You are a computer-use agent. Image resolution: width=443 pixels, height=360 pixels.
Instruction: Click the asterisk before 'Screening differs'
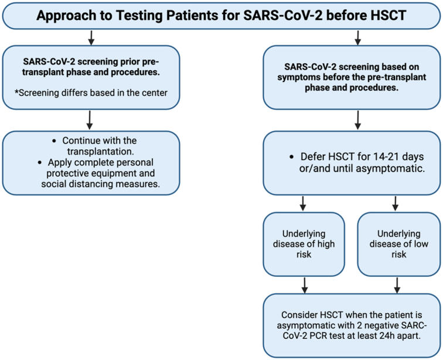16,92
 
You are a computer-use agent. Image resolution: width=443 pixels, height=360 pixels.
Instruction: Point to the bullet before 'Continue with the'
54,141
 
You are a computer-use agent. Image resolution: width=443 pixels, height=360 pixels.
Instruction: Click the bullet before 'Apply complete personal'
40,163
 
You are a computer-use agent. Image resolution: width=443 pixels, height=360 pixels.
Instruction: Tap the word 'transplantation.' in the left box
100,152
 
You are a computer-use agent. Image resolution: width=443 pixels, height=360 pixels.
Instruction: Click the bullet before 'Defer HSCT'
292,156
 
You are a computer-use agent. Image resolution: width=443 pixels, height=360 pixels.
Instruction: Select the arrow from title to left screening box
91,38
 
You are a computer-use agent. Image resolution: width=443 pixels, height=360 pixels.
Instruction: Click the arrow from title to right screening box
357,38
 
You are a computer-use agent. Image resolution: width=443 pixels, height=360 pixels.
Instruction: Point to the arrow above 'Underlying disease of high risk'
303,204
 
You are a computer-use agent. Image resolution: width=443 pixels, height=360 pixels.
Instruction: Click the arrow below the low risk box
397,286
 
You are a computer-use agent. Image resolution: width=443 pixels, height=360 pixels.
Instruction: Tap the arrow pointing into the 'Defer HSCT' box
357,120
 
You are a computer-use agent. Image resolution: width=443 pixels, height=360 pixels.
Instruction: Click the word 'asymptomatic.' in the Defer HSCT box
390,169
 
